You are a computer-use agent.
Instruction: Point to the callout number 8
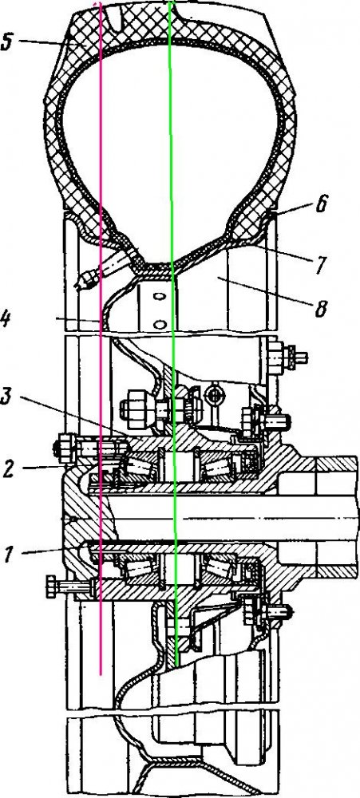point(320,308)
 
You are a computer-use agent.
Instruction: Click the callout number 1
point(7,553)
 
